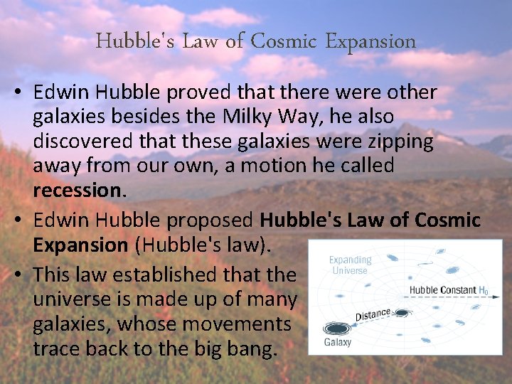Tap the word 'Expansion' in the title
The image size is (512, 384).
click(370, 41)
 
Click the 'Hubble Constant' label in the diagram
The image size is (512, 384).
click(438, 290)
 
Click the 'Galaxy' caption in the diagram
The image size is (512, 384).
click(338, 343)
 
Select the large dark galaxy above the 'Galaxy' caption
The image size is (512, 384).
click(336, 329)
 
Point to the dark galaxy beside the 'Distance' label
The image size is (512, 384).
click(402, 313)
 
